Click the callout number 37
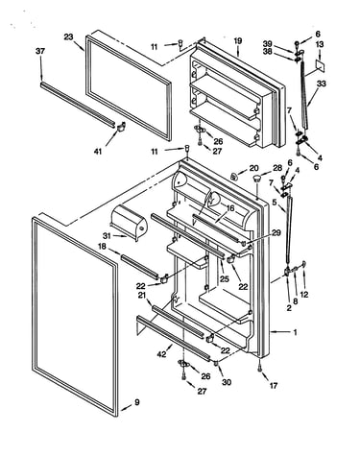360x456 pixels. point(40,51)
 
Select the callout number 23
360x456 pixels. point(68,37)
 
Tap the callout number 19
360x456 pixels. point(238,41)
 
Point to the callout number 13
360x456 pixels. point(320,44)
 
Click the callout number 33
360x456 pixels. point(322,84)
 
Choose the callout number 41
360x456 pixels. point(98,151)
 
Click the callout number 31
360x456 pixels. point(108,236)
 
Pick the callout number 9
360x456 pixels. point(137,402)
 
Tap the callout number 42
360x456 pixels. point(162,354)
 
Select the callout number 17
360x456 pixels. point(273,386)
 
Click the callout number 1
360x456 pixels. point(295,333)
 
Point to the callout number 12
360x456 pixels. point(304,295)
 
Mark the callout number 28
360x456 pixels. point(277,168)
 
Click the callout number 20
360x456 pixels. point(253,168)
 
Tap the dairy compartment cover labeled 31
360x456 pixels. point(129,222)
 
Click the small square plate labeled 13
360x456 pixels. point(320,65)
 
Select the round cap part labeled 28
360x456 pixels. point(256,179)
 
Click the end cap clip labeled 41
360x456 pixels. point(121,127)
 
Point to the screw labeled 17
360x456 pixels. point(259,368)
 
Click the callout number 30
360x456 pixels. point(227,382)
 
